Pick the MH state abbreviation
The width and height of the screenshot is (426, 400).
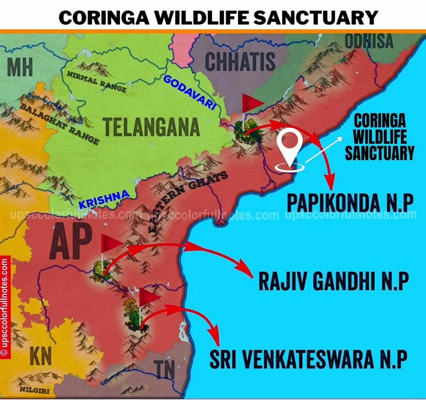pos(20,67)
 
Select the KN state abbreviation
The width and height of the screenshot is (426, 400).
pos(41,355)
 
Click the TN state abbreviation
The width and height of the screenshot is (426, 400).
pos(165,370)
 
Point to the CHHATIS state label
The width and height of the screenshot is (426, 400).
pos(240,62)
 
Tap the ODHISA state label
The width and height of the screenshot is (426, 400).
pos(369,42)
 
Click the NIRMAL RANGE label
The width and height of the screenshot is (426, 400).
pos(96,82)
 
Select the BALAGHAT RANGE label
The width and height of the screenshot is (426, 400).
pos(59,124)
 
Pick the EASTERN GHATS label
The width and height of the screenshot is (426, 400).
pos(188,201)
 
